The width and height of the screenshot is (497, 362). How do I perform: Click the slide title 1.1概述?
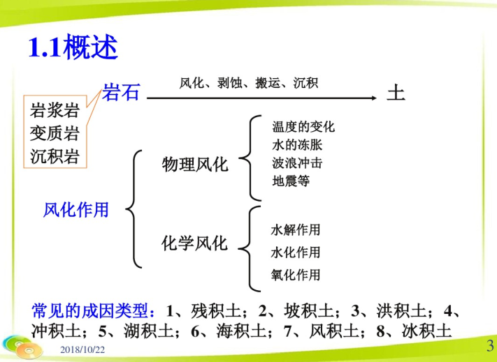(x=73, y=47)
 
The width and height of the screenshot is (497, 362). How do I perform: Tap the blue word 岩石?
(x=121, y=92)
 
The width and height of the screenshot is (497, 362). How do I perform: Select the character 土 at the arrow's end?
(x=396, y=93)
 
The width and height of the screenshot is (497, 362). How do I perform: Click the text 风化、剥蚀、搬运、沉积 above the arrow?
(x=249, y=83)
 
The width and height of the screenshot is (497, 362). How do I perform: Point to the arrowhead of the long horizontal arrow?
(x=374, y=98)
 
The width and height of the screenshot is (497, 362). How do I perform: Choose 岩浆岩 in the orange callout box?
(x=55, y=111)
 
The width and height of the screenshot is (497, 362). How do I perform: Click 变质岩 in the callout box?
(x=55, y=133)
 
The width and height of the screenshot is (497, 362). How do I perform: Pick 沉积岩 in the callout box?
(x=55, y=156)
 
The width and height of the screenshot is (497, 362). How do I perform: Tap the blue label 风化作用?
(x=75, y=210)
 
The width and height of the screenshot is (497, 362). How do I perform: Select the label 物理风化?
(x=195, y=165)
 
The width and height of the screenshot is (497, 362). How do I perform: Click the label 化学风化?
(x=194, y=243)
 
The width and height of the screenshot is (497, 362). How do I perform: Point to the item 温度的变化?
(x=303, y=127)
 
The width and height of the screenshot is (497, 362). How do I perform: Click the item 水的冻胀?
(x=297, y=145)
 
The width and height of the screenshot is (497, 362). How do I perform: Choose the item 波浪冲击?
(x=297, y=163)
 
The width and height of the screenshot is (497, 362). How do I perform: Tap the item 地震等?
(x=291, y=181)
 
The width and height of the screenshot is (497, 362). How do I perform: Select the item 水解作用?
(x=296, y=230)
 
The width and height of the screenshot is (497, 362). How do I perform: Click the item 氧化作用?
(x=296, y=275)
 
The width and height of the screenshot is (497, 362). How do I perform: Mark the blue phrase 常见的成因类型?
(x=90, y=311)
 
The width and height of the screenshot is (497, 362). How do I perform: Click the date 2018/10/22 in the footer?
(x=82, y=349)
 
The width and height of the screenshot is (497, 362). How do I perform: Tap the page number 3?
(x=490, y=345)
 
